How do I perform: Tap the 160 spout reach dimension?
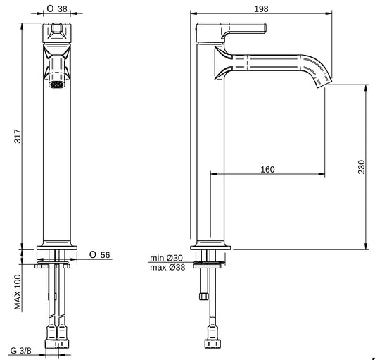pos(267,169)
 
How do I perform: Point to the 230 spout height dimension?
pos(362,166)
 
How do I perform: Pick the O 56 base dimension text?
pos(98,255)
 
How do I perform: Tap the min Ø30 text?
pos(167,258)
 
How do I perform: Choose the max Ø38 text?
pos(167,267)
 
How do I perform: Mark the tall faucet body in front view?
pos(58,162)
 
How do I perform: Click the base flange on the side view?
pos(212,244)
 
